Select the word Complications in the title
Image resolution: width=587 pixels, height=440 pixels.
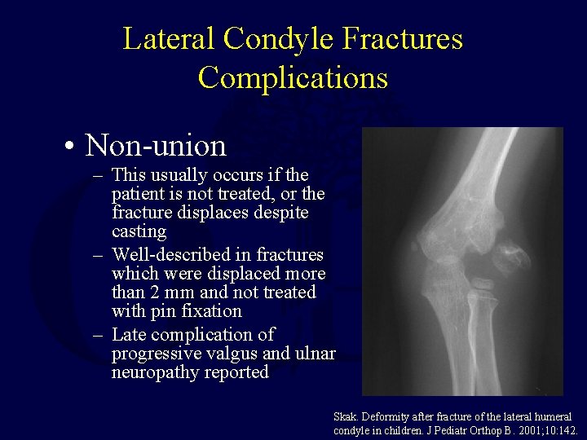293,78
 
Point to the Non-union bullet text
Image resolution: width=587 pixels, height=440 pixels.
156,146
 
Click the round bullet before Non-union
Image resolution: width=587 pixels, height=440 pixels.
73,147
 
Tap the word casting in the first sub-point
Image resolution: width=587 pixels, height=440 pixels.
139,231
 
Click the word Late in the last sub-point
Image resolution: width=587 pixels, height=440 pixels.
129,335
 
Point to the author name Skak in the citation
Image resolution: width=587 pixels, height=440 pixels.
346,416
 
